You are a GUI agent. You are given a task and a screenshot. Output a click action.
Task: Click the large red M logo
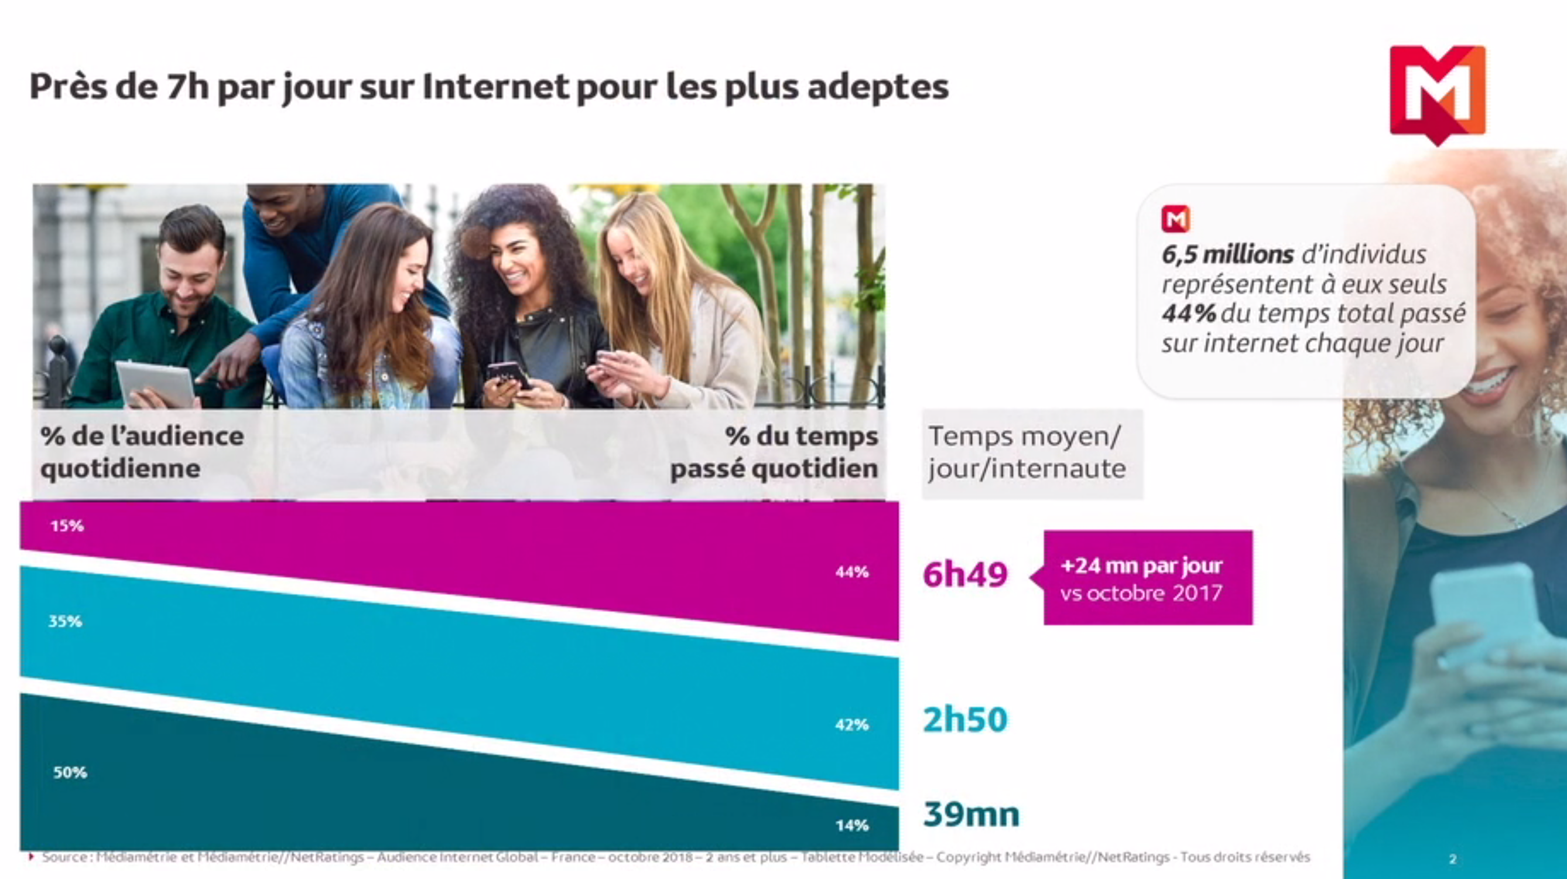1438,91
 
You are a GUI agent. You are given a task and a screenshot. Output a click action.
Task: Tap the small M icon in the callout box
1175,219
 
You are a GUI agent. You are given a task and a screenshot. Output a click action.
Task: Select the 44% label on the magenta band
851,572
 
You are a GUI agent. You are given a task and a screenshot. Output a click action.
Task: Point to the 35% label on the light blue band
65,622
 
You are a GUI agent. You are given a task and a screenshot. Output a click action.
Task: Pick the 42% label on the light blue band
851,725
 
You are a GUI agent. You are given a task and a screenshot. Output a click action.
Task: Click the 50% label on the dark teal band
70,772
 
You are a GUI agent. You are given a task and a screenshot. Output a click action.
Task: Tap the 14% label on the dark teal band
851,826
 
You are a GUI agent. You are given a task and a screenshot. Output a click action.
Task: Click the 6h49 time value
965,575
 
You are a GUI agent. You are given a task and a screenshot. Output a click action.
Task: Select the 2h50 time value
965,720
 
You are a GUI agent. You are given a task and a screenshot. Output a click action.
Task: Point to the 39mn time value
971,815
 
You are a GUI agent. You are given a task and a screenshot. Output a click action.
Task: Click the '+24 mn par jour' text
1141,566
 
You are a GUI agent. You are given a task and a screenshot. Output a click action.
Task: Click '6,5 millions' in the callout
1227,254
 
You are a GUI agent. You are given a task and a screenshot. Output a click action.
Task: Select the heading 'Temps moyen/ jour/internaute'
1027,453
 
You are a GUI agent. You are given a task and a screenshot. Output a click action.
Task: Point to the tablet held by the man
156,382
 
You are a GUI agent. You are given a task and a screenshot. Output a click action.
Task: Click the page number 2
1453,859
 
